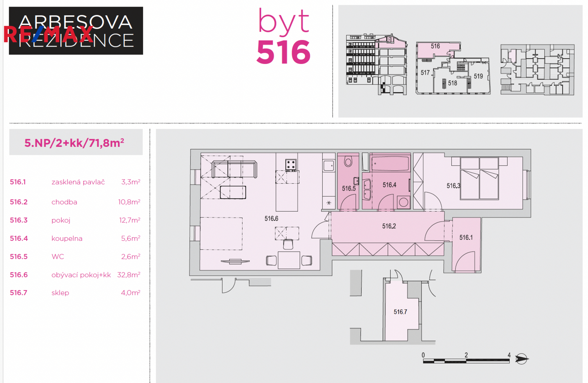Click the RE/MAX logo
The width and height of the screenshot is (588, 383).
coord(49,35)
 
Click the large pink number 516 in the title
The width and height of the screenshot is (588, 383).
coord(283,52)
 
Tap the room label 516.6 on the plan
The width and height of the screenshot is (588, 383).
coord(271,218)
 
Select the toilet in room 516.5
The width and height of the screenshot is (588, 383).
coord(348,161)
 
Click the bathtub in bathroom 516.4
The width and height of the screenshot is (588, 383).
coord(390,163)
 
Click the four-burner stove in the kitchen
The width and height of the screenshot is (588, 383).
coord(291,165)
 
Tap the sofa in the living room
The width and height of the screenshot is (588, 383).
coord(234,170)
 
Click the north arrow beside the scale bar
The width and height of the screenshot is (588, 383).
coord(521,359)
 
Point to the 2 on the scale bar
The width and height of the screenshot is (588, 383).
coord(466,355)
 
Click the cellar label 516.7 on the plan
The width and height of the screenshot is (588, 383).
coord(400,312)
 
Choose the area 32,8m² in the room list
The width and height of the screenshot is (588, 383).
coord(129,275)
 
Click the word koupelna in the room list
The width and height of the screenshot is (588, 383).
coord(67,238)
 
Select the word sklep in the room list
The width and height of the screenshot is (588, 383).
coord(60,293)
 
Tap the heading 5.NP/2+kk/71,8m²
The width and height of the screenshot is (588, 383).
coord(74,143)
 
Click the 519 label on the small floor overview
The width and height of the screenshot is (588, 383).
coord(478,76)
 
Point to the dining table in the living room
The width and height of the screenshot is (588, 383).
coord(289,260)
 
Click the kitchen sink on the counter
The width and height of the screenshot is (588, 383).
coord(329,166)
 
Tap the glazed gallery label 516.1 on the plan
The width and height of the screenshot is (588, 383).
coord(466,238)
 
